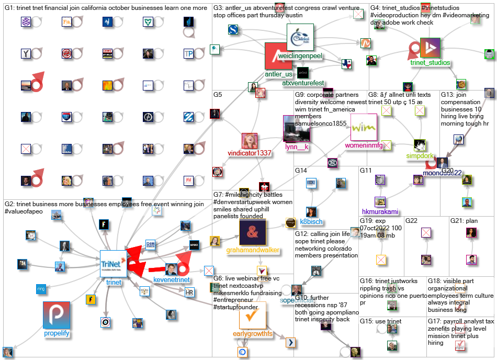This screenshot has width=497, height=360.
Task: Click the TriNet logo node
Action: point(114,263)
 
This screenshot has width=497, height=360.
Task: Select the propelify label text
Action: point(57,333)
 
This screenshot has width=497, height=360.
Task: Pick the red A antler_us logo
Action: point(278,56)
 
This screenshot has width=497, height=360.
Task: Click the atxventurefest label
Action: point(303,83)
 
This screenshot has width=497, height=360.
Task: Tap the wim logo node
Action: point(360,127)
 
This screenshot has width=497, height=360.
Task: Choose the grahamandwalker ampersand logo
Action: point(253,232)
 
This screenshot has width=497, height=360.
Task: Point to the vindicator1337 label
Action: point(250,153)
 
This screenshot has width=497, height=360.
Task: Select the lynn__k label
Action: point(297,147)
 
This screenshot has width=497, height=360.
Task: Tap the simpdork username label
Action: point(420,155)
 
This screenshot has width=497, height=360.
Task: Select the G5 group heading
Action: point(218,95)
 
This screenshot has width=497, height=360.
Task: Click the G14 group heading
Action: point(301,171)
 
